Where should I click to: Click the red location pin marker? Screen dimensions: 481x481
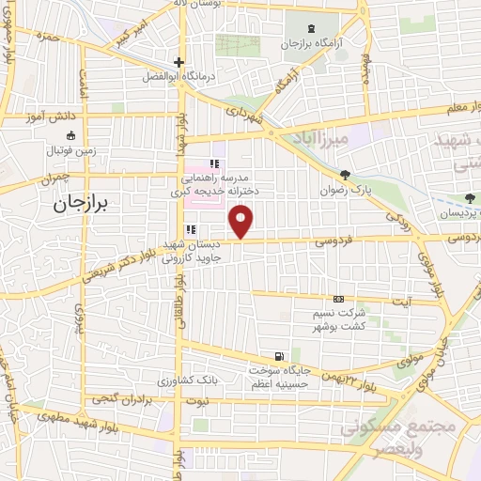click(242, 222)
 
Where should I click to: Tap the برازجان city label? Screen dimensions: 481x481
click(82, 202)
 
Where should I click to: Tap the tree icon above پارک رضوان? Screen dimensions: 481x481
click(346, 174)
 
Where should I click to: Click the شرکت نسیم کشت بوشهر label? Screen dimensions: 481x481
click(339, 317)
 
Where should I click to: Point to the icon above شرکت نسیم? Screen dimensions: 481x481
click(339, 298)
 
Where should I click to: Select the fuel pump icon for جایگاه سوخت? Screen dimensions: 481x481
click(279, 354)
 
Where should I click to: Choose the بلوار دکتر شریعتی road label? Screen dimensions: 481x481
click(115, 265)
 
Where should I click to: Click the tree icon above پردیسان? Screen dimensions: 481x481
click(470, 198)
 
